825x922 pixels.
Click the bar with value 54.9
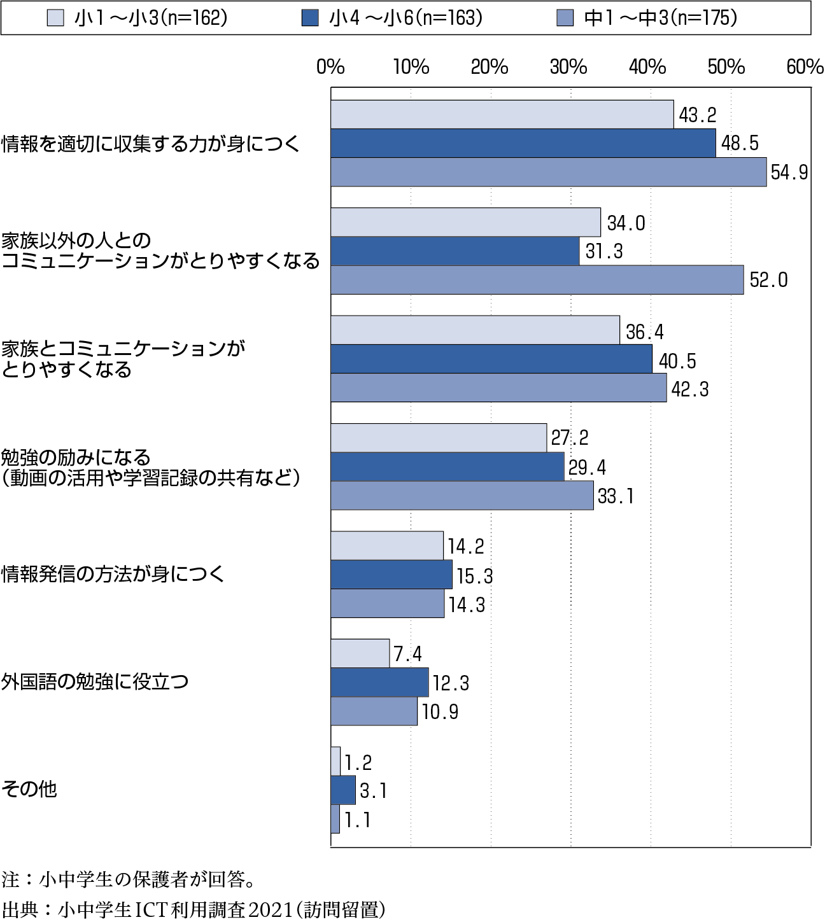coord(549,172)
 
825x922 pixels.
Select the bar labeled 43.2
coord(502,115)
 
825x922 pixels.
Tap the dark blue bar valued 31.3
coord(455,251)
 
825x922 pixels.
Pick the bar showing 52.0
coord(537,280)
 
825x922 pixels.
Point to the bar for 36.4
coord(476,330)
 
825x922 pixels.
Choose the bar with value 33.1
coord(462,496)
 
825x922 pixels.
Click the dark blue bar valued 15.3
coord(391,575)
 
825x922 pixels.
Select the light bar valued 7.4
coord(360,653)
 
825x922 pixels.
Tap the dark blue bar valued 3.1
coord(343,790)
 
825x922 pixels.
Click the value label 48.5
coord(740,143)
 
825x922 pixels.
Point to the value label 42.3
coord(690,389)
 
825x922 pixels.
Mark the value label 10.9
coord(440,712)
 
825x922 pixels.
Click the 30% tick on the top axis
coord(568,67)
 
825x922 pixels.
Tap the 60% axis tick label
coord(805,67)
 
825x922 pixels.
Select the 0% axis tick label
coord(330,67)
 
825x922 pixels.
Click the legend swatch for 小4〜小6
coord(310,18)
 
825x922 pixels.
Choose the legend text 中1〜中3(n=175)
coord(661,18)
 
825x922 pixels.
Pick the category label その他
coord(29,790)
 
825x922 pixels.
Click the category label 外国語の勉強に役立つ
coord(95,681)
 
